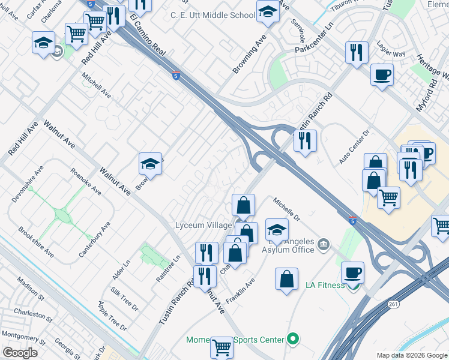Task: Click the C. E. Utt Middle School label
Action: click(212, 15)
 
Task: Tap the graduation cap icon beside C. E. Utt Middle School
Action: click(268, 11)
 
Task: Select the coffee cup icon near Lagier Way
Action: click(382, 75)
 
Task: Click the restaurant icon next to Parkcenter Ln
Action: click(357, 53)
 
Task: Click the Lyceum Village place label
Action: click(203, 225)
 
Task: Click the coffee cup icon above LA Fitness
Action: click(352, 273)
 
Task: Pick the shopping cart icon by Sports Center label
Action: click(221, 346)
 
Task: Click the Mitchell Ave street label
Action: click(97, 86)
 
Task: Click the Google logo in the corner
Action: click(20, 353)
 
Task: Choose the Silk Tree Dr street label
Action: click(124, 299)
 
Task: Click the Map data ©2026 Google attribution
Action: click(411, 355)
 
